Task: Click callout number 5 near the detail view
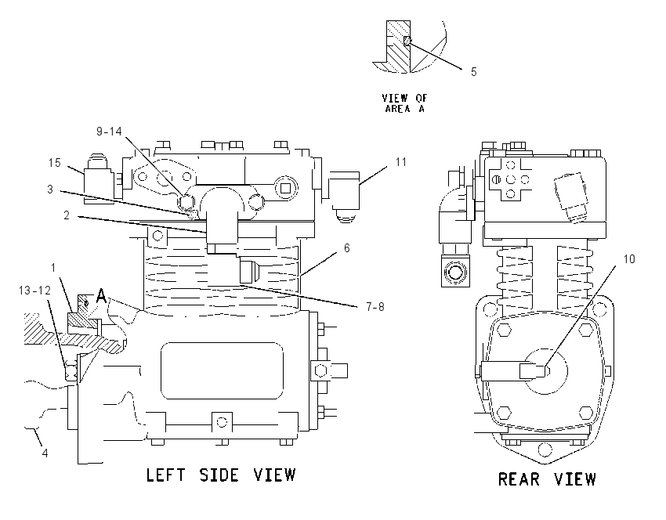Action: tap(474, 72)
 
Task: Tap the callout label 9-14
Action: tap(109, 132)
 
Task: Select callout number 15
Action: tap(55, 163)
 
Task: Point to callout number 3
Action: tap(50, 190)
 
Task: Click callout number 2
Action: tap(67, 215)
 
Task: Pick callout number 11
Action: tap(401, 162)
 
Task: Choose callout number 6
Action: tap(347, 248)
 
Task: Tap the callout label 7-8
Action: tap(375, 306)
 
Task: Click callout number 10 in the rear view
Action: tap(629, 259)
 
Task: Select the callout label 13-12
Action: tap(34, 291)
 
